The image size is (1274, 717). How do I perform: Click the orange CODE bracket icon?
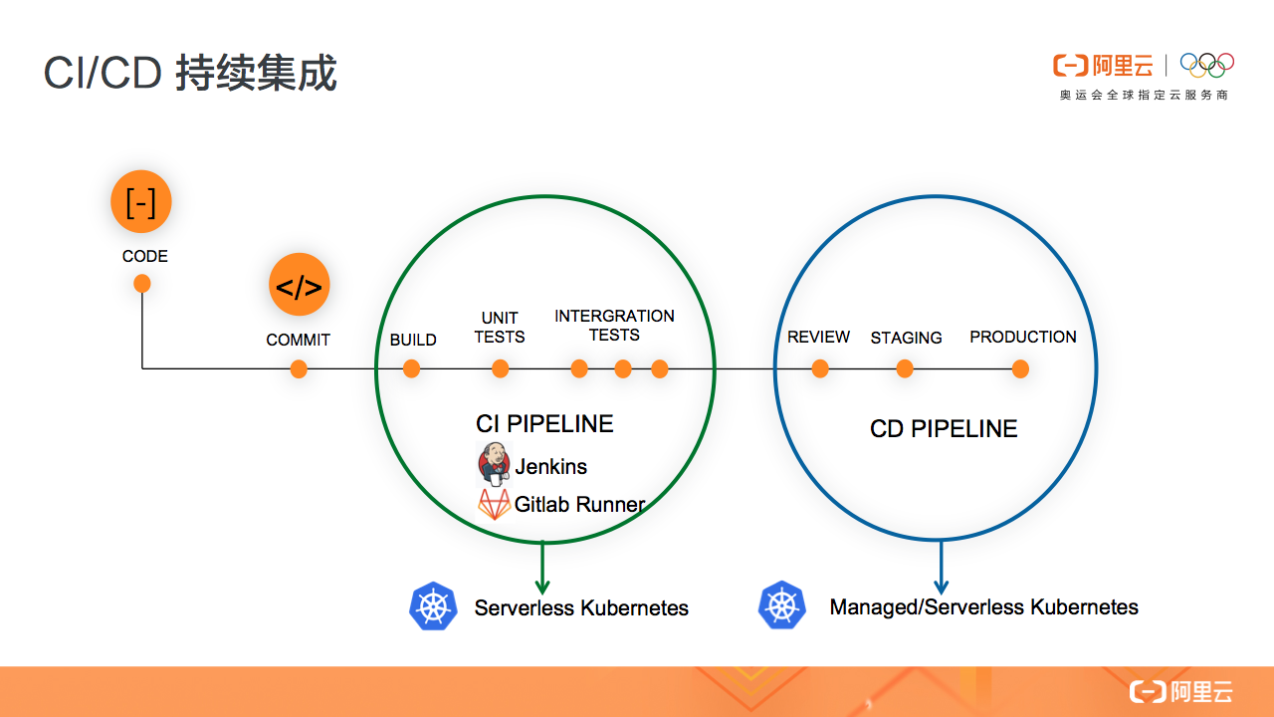[x=141, y=202]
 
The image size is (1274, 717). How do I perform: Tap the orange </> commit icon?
[x=299, y=286]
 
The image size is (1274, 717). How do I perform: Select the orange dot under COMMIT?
[x=299, y=369]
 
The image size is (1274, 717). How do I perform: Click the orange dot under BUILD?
[x=411, y=369]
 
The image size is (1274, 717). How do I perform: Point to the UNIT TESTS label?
[x=500, y=328]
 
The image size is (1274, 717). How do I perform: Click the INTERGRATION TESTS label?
[x=614, y=326]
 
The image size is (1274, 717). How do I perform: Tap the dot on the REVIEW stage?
[x=820, y=369]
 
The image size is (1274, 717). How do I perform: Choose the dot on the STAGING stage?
[x=905, y=369]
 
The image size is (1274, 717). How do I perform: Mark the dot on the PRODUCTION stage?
[x=1020, y=369]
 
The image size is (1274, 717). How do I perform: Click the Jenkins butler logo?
[x=494, y=465]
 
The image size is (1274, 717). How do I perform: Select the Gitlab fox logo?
[x=494, y=504]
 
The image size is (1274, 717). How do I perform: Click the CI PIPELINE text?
[x=544, y=423]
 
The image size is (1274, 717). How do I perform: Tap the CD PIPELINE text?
[x=944, y=429]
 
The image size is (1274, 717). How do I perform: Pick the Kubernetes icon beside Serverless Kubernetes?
[x=433, y=606]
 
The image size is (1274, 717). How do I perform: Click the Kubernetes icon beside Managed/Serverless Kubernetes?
[x=782, y=605]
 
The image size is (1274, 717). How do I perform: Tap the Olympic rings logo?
[x=1206, y=65]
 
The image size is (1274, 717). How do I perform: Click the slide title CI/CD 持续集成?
[x=190, y=75]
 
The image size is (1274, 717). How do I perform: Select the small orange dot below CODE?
[x=142, y=284]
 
